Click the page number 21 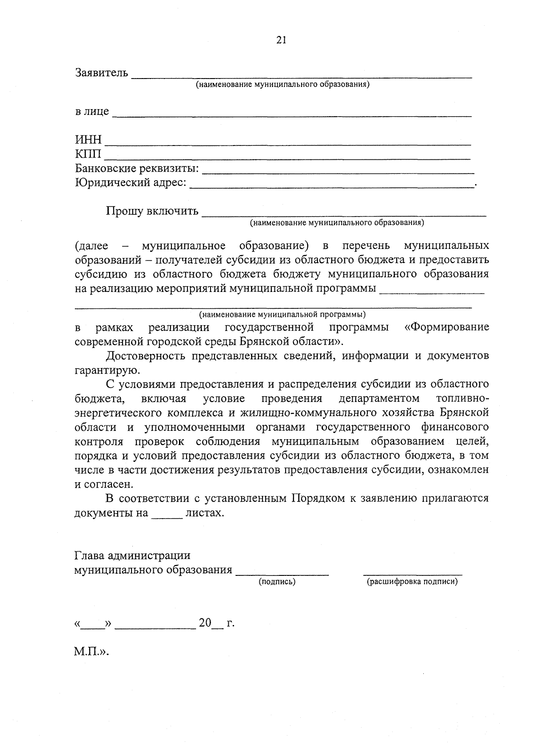tap(281, 40)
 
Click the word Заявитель tap(102, 73)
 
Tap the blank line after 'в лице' tap(292, 114)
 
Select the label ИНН tap(88, 140)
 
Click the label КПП tap(88, 154)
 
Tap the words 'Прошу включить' tap(152, 211)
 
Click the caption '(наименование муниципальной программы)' tap(282, 315)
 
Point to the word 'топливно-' tap(462, 398)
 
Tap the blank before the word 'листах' tap(167, 516)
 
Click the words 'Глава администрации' tap(132, 555)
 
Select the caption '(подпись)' tap(277, 581)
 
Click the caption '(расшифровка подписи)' tap(412, 581)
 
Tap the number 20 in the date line tap(205, 623)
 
